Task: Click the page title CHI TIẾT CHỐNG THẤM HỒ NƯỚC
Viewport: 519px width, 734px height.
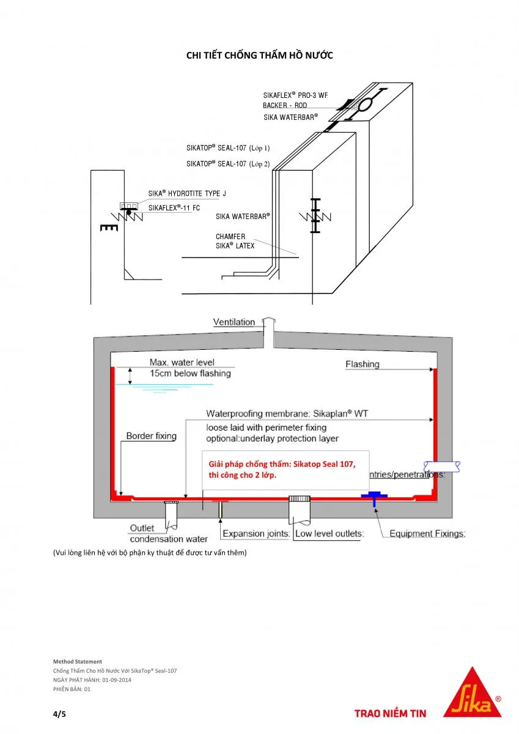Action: [259, 56]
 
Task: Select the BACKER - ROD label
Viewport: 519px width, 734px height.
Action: [285, 106]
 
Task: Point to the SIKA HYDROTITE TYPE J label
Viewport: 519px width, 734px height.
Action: [187, 194]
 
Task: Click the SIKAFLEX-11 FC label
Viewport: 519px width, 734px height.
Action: [174, 208]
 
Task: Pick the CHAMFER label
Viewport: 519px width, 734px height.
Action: [230, 237]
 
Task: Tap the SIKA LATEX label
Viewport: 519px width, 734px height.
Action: [235, 246]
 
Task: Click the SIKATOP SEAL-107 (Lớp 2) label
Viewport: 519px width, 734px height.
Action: [227, 164]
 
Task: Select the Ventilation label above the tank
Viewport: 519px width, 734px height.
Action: [234, 322]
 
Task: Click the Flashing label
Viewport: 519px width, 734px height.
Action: [362, 365]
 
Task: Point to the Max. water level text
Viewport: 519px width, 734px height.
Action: [182, 363]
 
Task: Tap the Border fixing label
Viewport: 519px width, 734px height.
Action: [151, 436]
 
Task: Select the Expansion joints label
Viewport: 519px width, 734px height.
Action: [256, 533]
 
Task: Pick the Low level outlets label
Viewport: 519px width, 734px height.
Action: [329, 533]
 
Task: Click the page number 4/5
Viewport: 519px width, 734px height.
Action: [59, 713]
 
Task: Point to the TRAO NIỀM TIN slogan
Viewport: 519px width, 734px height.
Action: [391, 713]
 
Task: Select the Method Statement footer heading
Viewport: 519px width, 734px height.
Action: [78, 661]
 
